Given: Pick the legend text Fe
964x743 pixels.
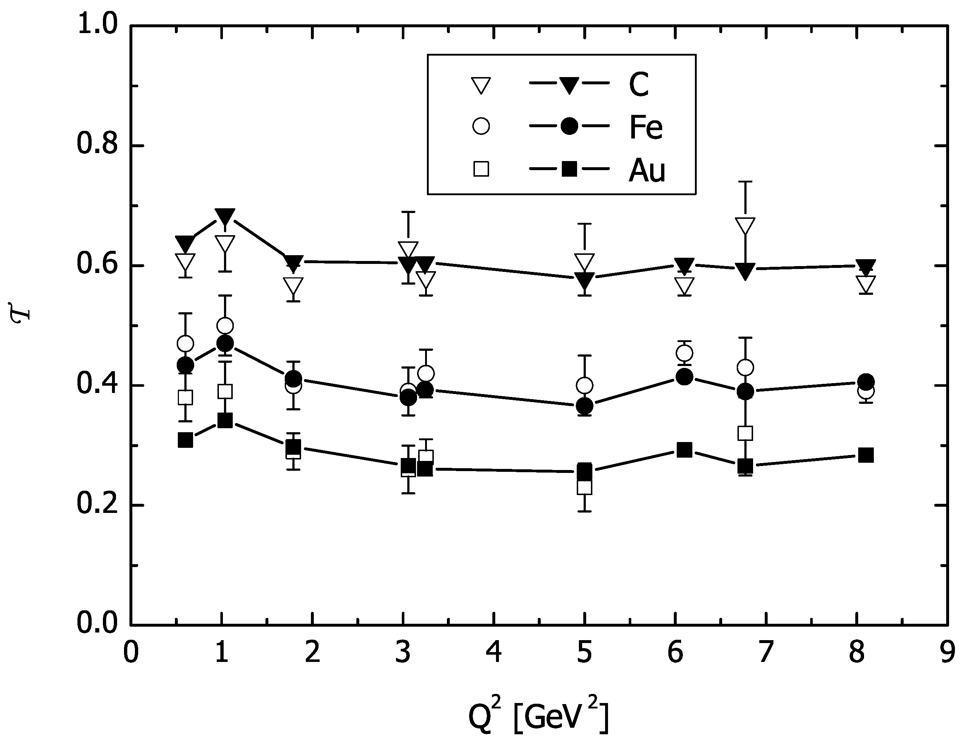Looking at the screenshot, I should (x=646, y=128).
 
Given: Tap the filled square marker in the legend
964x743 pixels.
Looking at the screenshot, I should (x=569, y=169).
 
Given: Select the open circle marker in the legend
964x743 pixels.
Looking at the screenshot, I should (x=481, y=126).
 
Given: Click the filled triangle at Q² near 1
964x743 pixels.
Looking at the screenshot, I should (x=225, y=216).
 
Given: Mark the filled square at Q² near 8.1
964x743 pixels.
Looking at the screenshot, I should (x=866, y=455).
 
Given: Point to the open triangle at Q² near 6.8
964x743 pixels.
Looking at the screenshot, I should (x=745, y=226).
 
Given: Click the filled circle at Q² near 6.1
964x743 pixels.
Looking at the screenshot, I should (x=684, y=376).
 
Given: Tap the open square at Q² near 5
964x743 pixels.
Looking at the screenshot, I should (x=584, y=487).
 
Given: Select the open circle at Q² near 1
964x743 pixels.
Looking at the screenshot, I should (x=225, y=326).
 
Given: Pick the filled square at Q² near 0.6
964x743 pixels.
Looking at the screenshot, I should (x=185, y=440).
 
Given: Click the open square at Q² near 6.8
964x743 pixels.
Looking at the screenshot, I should (x=745, y=433).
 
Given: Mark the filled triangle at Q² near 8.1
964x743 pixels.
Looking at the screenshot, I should (x=866, y=266).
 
